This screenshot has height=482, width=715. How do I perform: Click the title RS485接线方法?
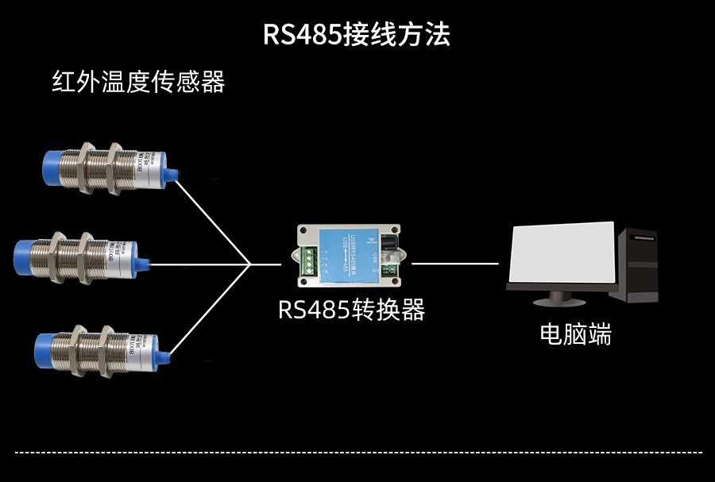pyautogui.click(x=357, y=35)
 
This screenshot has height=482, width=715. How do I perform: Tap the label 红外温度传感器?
pyautogui.click(x=138, y=82)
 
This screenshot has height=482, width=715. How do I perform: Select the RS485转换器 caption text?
pyautogui.click(x=351, y=310)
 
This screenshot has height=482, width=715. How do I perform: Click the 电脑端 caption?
pyautogui.click(x=576, y=334)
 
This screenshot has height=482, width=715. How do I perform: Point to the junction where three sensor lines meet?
pyautogui.click(x=249, y=264)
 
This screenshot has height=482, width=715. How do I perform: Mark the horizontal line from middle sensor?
pyautogui.click(x=199, y=264)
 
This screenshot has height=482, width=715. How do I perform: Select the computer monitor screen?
pyautogui.click(x=562, y=254)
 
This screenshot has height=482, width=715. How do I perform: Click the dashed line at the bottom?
pyautogui.click(x=357, y=453)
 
